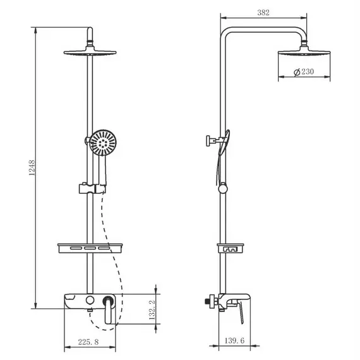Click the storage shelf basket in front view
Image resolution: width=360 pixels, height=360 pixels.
point(92,249)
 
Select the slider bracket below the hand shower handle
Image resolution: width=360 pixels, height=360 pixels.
point(92,188)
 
